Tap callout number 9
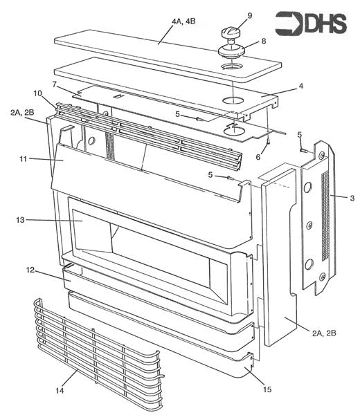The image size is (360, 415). tap(230, 15)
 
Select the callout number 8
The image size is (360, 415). tap(262, 41)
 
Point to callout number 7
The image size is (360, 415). tap(54, 84)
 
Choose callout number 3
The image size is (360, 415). tap(352, 198)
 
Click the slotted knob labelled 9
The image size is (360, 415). tap(230, 32)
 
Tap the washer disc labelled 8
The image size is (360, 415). tap(231, 49)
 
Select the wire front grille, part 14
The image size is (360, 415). tap(97, 353)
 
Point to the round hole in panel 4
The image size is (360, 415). tap(233, 101)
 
